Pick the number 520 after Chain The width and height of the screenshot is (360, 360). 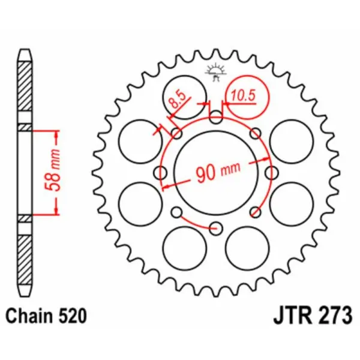coord(67,314)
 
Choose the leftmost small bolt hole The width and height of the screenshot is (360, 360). coord(160,173)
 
